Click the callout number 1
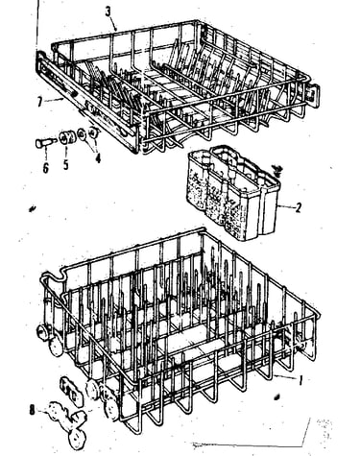click(x=300, y=380)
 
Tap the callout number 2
click(x=298, y=207)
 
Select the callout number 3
click(x=108, y=12)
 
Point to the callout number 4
click(x=98, y=157)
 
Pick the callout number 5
click(x=65, y=164)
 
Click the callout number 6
click(x=46, y=167)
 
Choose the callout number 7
click(x=39, y=103)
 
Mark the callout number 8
click(x=32, y=410)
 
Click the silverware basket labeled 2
click(x=232, y=192)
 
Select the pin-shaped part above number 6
click(x=44, y=142)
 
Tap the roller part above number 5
click(x=67, y=138)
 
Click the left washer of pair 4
click(x=82, y=133)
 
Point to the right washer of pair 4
click(x=94, y=132)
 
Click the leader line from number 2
click(x=285, y=207)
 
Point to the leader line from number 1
click(x=285, y=377)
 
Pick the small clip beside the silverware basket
click(x=277, y=171)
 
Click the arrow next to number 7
click(x=54, y=101)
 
